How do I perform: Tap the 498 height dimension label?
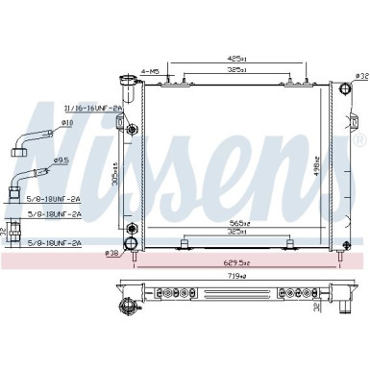click(x=317, y=159)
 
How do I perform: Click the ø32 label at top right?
click(x=361, y=74)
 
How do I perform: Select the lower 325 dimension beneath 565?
click(x=227, y=232)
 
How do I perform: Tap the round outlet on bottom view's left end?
click(x=123, y=307)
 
